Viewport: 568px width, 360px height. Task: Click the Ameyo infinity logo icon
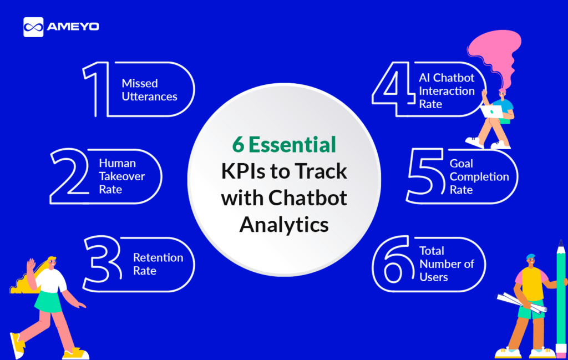coord(33,27)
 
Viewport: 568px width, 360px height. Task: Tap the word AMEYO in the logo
coord(73,27)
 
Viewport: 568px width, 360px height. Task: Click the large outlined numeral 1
coord(96,89)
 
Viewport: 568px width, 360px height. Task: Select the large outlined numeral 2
coord(69,176)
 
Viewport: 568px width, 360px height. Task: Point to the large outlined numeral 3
coord(103,263)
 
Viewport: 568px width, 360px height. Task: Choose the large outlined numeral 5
coord(426,176)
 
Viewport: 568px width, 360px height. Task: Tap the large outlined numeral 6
coord(394,263)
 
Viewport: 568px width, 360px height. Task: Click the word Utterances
coord(150,97)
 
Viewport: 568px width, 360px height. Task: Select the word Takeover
coord(121,176)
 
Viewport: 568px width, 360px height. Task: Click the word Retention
coord(158,257)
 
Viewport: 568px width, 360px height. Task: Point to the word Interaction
coord(447,91)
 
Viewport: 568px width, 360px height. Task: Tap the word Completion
coord(479,177)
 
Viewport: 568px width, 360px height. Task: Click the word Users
coord(434,277)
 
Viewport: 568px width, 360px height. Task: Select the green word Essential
coord(292,145)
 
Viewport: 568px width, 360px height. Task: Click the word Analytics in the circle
coord(284,225)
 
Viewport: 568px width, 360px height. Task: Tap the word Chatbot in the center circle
coord(307,197)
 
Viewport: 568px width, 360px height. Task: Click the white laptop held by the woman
coord(491,111)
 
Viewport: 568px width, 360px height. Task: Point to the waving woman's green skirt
coord(49,302)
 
